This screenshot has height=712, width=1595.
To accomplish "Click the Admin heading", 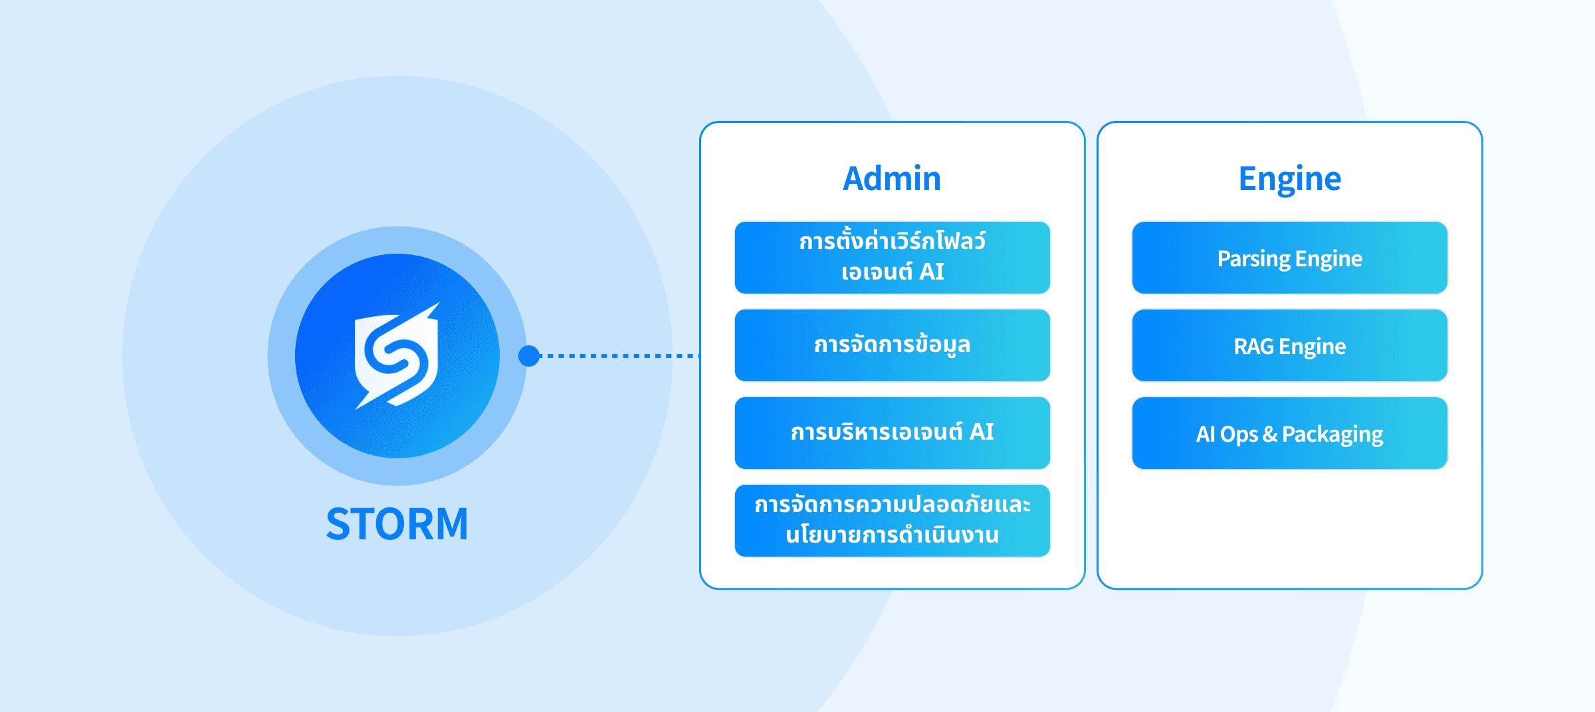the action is point(892,179).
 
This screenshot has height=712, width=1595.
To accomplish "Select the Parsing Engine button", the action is point(1290,258).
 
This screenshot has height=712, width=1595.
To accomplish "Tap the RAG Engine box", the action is point(1290,345).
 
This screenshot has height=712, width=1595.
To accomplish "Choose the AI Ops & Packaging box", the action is point(1290,433).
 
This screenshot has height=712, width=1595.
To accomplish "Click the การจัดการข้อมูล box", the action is point(893,345).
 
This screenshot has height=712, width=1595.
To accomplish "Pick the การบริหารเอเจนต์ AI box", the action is point(893,433).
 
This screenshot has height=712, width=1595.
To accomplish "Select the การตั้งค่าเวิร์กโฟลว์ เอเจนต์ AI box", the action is point(893,258).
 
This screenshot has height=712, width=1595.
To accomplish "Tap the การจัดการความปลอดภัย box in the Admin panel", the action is point(893,521).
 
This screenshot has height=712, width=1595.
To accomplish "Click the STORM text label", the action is point(397,524).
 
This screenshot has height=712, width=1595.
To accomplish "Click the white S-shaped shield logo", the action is point(397,356).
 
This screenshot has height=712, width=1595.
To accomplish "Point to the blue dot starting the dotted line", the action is point(529,356).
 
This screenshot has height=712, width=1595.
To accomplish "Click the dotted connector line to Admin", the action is point(619,356).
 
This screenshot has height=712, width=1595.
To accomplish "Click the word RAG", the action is point(1254,346).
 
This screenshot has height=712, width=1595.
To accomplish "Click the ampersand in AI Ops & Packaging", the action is point(1269,434).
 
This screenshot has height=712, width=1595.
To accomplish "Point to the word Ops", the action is point(1239,435).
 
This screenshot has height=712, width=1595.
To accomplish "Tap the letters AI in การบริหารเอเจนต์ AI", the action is point(982,432).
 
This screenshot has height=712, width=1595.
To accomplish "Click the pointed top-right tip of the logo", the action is point(439,304).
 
